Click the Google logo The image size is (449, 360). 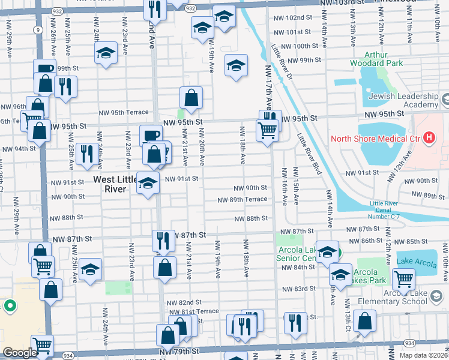(x=20, y=352)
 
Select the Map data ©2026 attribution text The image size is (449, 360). (x=423, y=355)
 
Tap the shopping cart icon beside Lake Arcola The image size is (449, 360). (x=403, y=278)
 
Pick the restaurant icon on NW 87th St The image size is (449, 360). (x=162, y=241)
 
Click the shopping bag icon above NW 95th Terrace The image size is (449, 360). (x=191, y=98)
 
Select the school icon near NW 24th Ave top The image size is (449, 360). (x=106, y=52)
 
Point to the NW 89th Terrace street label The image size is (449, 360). (x=242, y=200)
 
